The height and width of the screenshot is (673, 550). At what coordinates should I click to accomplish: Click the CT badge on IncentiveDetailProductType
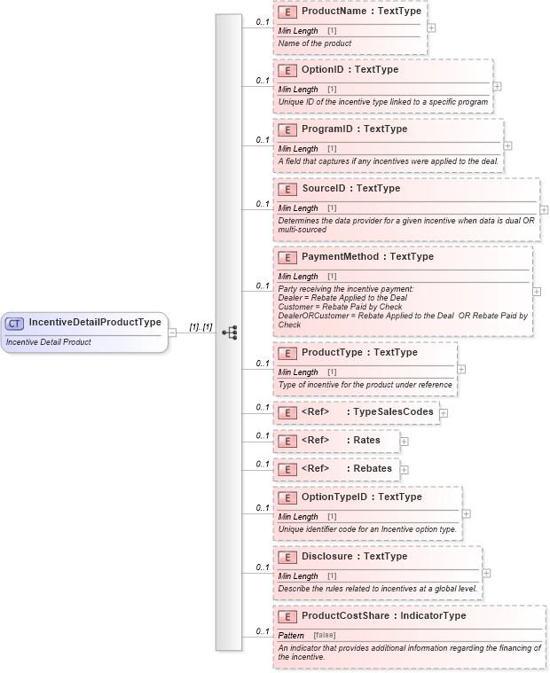pyautogui.click(x=16, y=323)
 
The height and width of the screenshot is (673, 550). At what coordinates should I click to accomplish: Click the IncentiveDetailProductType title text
pyautogui.click(x=95, y=322)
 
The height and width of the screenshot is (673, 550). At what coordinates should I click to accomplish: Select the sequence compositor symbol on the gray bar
pyautogui.click(x=229, y=333)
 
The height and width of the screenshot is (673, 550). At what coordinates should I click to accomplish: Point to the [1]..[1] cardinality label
pyautogui.click(x=200, y=326)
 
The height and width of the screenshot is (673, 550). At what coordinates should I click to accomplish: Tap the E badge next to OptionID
pyautogui.click(x=287, y=70)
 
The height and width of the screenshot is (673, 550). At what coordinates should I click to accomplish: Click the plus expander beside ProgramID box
pyautogui.click(x=507, y=145)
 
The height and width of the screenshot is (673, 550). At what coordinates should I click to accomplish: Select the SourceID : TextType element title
pyautogui.click(x=350, y=188)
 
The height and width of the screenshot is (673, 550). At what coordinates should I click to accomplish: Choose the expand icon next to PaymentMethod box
pyautogui.click(x=537, y=291)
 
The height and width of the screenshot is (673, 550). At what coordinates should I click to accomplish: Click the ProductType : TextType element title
pyautogui.click(x=359, y=352)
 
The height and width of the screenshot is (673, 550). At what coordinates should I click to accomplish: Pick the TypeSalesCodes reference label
pyautogui.click(x=393, y=411)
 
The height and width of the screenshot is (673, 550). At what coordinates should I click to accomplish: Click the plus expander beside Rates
pyautogui.click(x=404, y=441)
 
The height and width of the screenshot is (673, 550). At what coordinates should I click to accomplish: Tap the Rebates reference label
pyautogui.click(x=372, y=468)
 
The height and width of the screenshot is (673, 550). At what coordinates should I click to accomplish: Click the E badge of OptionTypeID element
pyautogui.click(x=287, y=497)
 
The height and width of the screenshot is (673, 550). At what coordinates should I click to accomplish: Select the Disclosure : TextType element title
pyautogui.click(x=354, y=556)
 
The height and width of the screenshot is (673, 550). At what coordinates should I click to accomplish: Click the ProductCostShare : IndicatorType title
pyautogui.click(x=383, y=615)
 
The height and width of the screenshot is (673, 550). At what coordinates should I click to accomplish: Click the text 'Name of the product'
pyautogui.click(x=315, y=43)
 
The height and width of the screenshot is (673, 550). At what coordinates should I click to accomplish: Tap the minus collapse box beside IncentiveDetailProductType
pyautogui.click(x=172, y=333)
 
